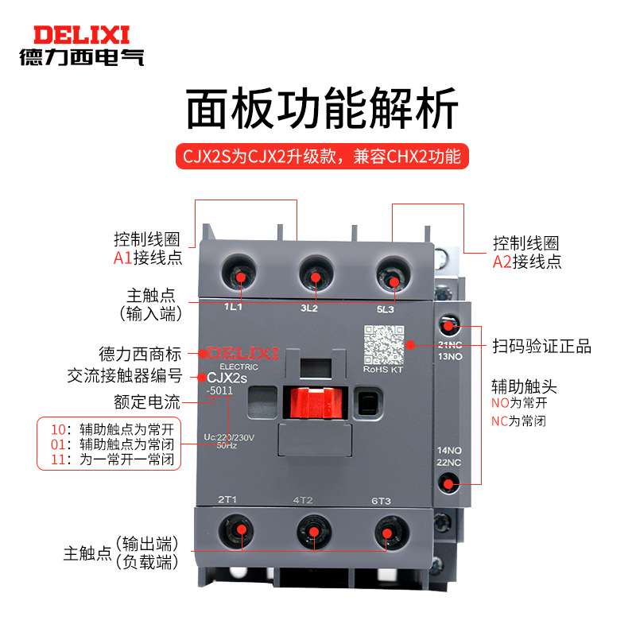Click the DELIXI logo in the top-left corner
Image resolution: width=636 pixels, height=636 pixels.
coord(81,45)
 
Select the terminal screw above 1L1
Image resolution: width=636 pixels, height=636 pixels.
coord(239,275)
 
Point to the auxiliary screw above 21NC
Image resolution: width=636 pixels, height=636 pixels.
coord(449,326)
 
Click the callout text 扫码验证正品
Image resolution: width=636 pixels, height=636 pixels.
coord(541,347)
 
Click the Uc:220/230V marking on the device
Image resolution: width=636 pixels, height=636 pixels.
coord(231,436)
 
